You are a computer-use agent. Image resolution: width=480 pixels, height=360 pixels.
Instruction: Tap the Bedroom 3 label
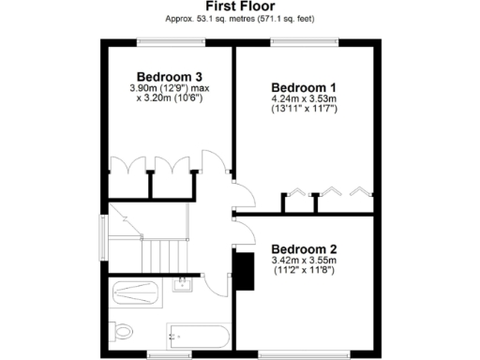coord(170,76)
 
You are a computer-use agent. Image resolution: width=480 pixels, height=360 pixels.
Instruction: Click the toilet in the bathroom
coord(122,330)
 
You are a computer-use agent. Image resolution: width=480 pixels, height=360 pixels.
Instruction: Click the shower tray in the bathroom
coord(139,292)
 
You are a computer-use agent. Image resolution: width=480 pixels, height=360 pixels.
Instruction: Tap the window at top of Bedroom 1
coord(304,40)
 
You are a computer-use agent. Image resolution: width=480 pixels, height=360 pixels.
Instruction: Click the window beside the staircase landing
coord(103,232)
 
